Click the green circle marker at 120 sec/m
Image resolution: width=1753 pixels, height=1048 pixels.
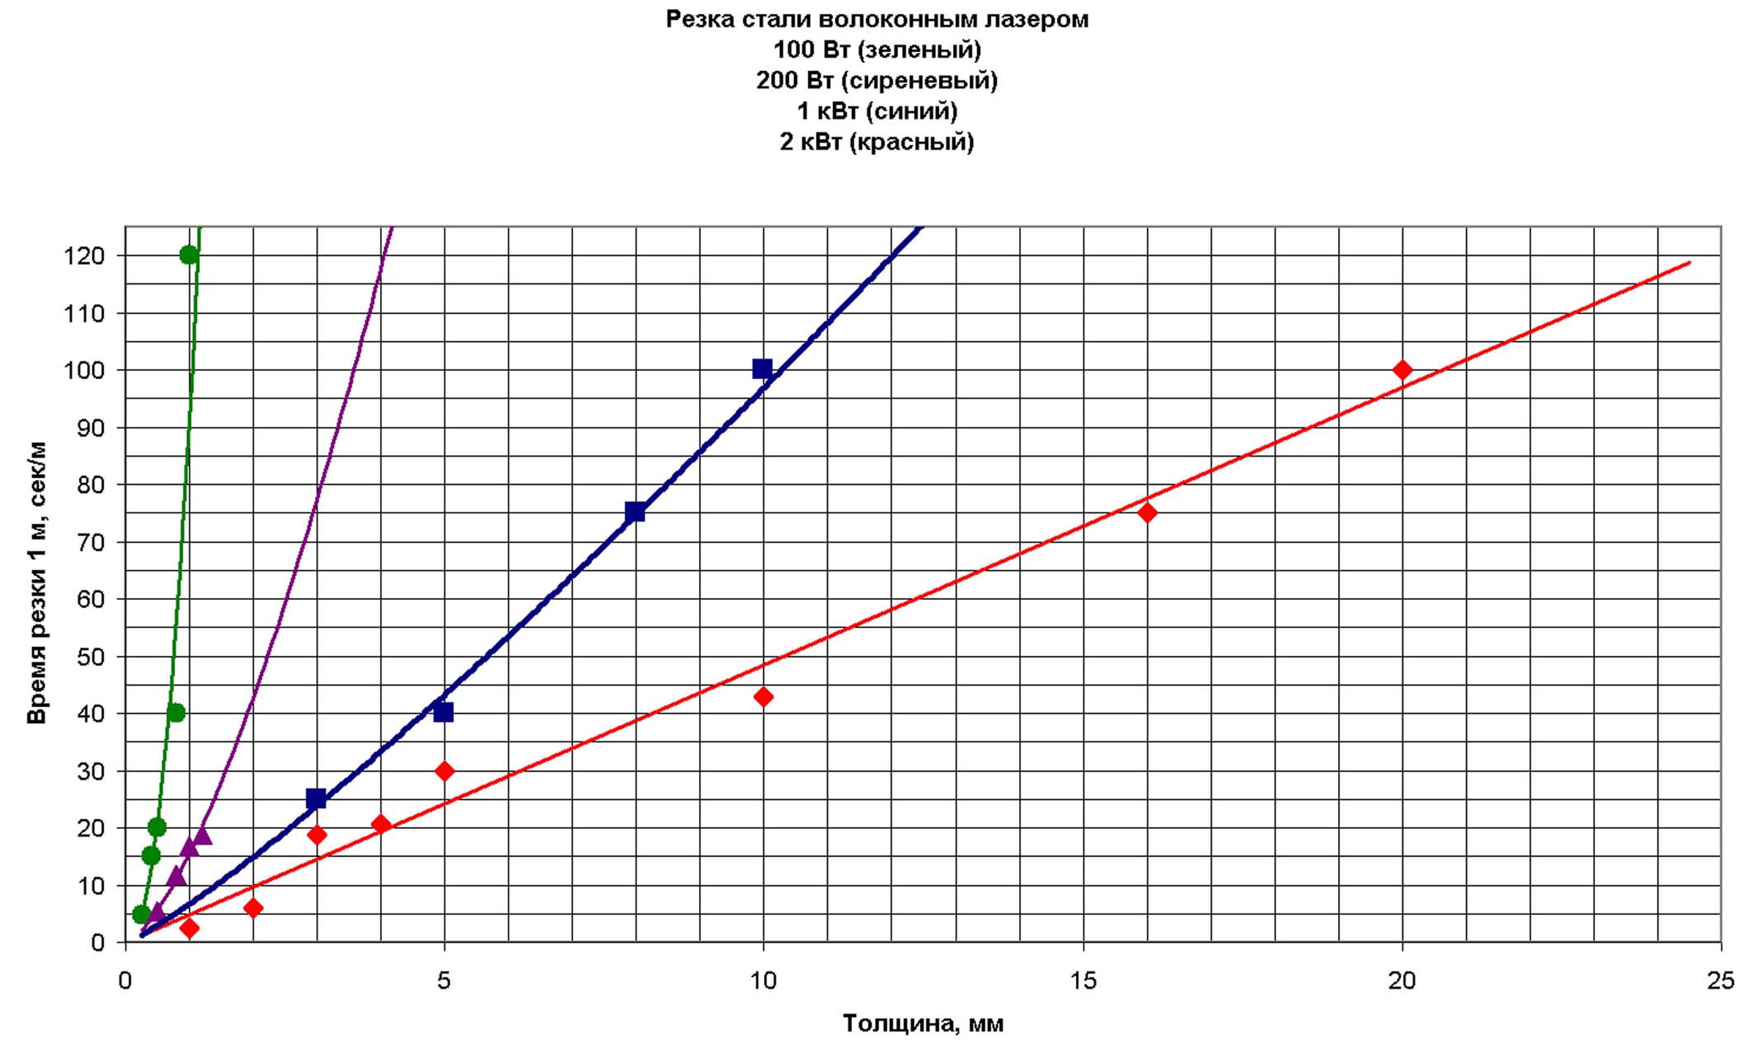189,255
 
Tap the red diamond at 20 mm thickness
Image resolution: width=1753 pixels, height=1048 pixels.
1402,369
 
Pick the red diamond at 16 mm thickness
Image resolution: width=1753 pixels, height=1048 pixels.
1148,512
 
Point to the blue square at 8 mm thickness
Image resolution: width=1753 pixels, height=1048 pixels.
635,512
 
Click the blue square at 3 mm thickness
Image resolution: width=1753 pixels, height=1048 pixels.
316,799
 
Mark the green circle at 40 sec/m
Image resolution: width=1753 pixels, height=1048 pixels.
177,712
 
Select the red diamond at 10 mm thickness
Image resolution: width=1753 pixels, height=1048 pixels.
763,697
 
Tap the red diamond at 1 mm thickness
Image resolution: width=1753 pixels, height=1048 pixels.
189,928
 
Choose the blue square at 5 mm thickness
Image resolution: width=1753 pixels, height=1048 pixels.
443,712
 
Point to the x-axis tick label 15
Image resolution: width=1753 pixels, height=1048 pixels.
1083,981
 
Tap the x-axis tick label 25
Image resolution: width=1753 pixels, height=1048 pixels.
1720,981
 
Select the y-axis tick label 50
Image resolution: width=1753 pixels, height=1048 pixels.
91,657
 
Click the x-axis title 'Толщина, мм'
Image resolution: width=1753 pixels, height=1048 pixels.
923,1023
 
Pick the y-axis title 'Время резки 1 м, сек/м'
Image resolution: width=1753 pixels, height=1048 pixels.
37,583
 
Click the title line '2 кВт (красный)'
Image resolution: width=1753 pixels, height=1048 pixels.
877,142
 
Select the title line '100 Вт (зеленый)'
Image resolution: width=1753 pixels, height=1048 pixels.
877,50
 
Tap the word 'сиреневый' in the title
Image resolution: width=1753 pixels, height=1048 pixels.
919,80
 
